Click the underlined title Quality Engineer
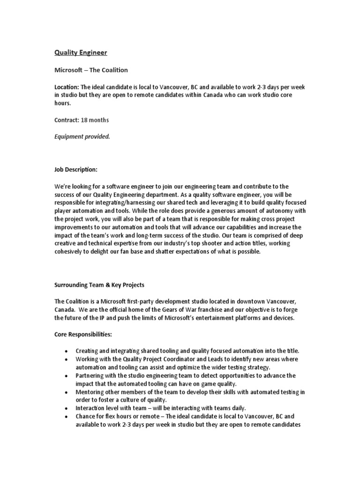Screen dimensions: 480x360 [82, 52]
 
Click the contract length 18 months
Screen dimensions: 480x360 [95, 120]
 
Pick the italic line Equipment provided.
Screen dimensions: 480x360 [82, 136]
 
